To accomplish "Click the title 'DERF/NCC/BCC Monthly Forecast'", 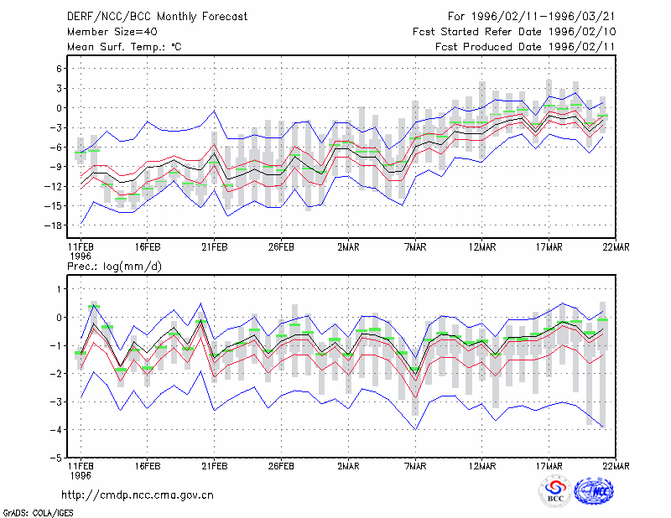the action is [x=157, y=17].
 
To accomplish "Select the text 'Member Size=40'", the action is [x=112, y=32].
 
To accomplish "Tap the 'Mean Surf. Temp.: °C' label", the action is [x=124, y=47].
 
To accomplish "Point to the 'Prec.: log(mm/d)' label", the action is [x=114, y=267].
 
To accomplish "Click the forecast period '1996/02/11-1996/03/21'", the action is [x=543, y=17].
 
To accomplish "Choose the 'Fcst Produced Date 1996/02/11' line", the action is [x=525, y=47].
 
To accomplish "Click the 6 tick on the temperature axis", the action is [x=59, y=69].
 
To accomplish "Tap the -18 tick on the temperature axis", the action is [x=54, y=225].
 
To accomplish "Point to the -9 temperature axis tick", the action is [x=56, y=167].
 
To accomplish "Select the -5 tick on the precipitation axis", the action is [x=56, y=458].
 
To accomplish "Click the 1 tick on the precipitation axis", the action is [x=60, y=289].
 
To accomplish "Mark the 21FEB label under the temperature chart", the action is [x=215, y=247].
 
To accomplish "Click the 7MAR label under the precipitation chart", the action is [x=415, y=466].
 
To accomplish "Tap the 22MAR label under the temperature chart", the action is [x=616, y=247].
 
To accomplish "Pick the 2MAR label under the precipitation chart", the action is [x=348, y=466].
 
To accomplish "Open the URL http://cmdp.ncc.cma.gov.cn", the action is [x=138, y=495].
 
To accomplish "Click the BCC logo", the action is [x=555, y=492].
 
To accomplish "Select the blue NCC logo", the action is [x=594, y=491].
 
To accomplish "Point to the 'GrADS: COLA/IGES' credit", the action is [x=39, y=513].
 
